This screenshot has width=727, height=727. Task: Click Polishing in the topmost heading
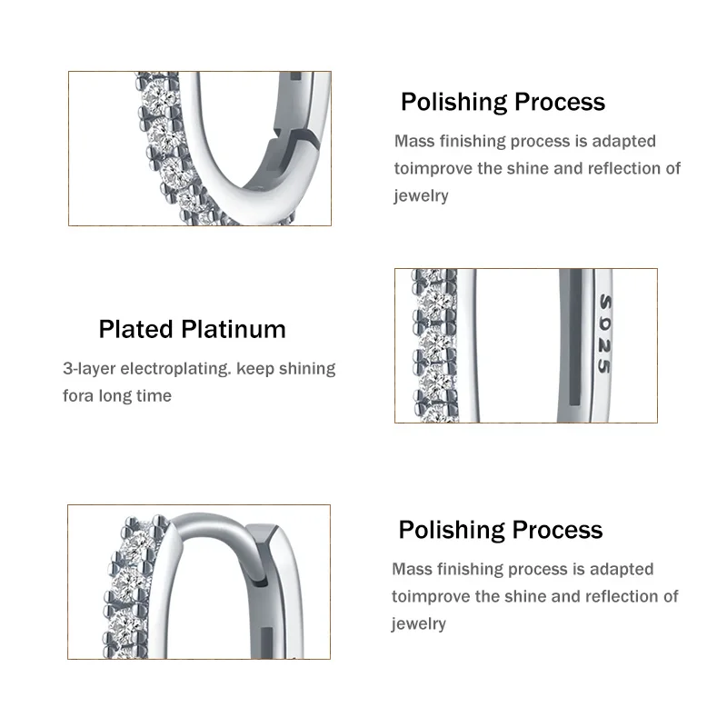(454, 102)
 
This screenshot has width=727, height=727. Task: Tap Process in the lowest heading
(558, 530)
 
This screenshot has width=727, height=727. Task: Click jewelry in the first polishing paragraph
(421, 195)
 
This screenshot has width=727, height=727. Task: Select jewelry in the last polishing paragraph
(419, 623)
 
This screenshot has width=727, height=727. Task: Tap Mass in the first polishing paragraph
(413, 141)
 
